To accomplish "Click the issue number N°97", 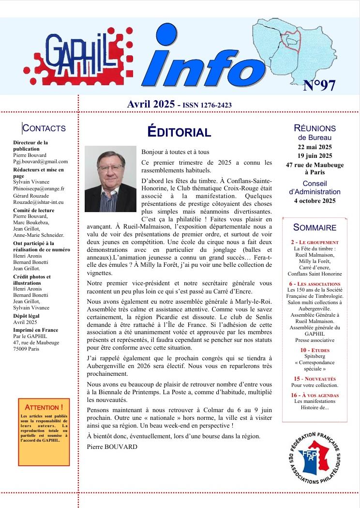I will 319,85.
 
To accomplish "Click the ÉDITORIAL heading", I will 179,132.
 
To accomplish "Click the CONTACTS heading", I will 44,128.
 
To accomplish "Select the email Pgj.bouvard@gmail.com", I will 41,162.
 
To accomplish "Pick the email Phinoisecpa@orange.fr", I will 39,188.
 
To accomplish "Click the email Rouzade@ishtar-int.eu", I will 38,202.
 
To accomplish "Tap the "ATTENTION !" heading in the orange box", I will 44,407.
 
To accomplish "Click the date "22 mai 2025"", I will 315,147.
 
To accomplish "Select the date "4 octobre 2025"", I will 315,200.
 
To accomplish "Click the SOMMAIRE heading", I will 315,228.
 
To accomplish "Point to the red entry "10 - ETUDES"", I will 315,350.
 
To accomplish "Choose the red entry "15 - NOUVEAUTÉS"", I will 315,378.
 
